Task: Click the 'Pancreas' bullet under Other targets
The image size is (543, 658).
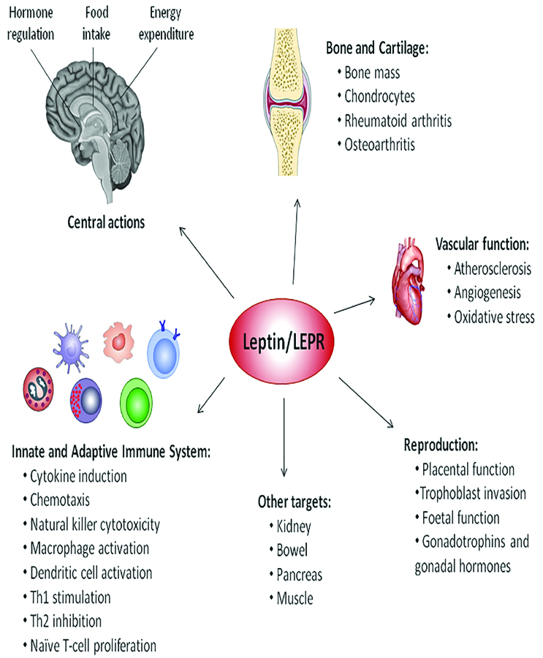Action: coord(300,574)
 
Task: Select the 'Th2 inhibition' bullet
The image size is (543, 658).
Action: coord(66,621)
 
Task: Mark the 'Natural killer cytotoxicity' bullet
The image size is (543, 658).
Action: coord(95,524)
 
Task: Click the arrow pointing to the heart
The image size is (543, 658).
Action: coord(355,304)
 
